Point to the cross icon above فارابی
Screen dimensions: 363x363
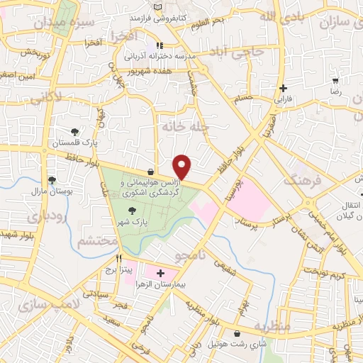click(284, 89)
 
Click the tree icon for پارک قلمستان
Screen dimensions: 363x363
click(75, 132)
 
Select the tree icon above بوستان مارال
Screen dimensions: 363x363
click(51, 180)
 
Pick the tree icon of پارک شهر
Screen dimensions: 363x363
click(132, 211)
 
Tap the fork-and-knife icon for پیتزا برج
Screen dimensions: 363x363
click(119, 259)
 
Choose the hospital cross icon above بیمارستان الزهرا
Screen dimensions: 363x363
click(160, 272)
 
